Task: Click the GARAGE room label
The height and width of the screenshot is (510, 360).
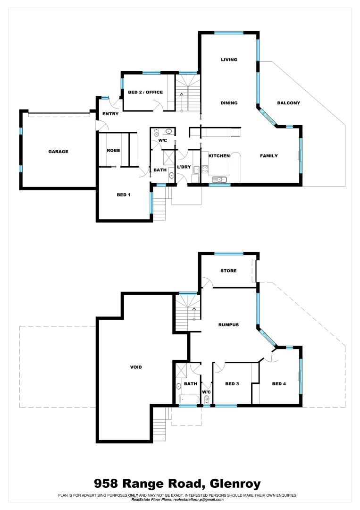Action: coord(58,152)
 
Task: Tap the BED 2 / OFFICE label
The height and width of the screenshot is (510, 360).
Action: coord(145,92)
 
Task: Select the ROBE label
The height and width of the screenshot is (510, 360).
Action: coord(113,150)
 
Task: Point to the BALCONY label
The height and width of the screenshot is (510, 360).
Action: coord(288,103)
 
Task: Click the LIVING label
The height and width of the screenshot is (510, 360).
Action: coord(229,59)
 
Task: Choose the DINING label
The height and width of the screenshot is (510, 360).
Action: coord(229,103)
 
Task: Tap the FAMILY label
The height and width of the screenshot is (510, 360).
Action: coord(269,156)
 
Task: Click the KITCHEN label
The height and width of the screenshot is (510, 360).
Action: coord(219,156)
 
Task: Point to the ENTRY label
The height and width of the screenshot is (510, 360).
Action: coord(110,114)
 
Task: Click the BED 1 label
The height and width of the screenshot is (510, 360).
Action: coord(123,195)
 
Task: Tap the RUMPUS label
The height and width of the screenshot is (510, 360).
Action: coord(228,325)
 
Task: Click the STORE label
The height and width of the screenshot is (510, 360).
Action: coord(228,271)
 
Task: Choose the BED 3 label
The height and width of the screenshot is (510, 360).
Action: coord(232,384)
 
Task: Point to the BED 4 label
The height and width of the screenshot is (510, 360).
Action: coord(279,384)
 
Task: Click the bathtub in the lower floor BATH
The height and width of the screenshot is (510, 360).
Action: coord(191,400)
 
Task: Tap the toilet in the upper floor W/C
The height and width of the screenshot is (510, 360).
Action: coord(157,133)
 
